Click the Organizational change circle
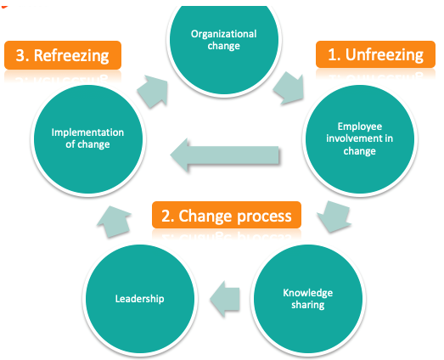click(x=224, y=42)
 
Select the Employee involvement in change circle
click(x=360, y=138)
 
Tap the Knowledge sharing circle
click(x=308, y=299)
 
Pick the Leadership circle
click(x=140, y=299)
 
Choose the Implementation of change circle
click(x=88, y=138)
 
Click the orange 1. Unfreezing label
click(x=375, y=54)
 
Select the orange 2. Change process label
click(x=227, y=215)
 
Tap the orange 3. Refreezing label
click(x=63, y=55)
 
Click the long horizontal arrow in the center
click(x=225, y=155)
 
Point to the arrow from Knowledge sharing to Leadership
click(x=225, y=299)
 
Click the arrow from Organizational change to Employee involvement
click(x=289, y=87)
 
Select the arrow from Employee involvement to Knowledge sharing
click(x=334, y=217)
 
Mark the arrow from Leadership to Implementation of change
click(x=114, y=222)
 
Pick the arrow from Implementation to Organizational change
click(x=153, y=92)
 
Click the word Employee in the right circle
click(x=360, y=127)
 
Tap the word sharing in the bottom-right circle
click(x=308, y=305)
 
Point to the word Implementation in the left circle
click(x=87, y=132)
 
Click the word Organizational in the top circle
click(x=224, y=34)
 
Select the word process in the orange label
click(x=265, y=217)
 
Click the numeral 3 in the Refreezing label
click(x=20, y=55)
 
